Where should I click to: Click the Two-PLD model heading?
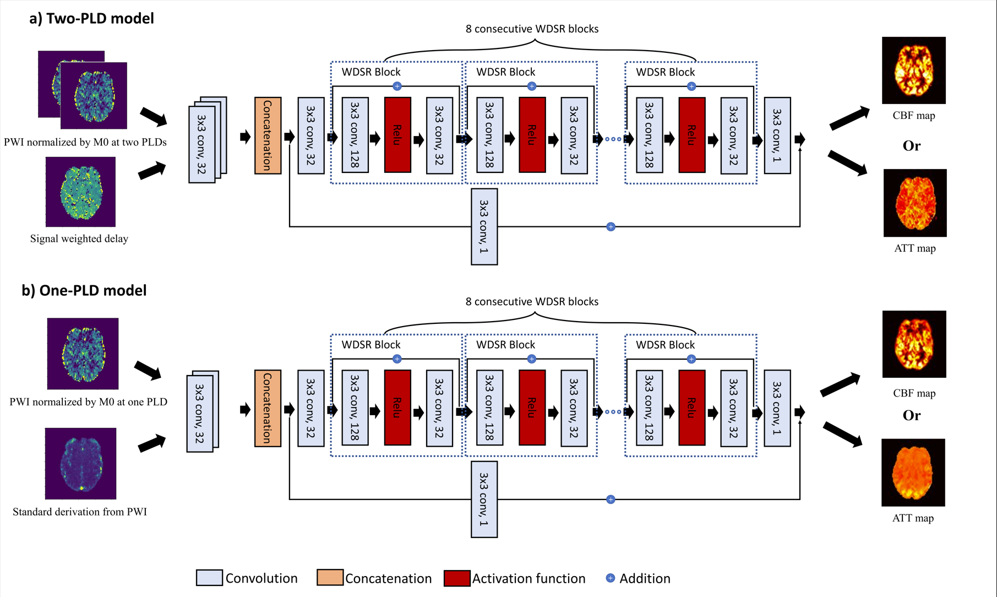pyautogui.click(x=91, y=19)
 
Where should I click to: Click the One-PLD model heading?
pyautogui.click(x=84, y=291)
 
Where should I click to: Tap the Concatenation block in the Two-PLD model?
pyautogui.click(x=268, y=135)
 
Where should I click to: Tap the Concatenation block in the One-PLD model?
pyautogui.click(x=268, y=408)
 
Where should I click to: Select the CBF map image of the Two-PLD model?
pyautogui.click(x=913, y=70)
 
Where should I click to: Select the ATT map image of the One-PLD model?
pyautogui.click(x=913, y=472)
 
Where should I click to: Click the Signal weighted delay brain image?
pyautogui.click(x=80, y=192)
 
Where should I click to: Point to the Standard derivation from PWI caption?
pyautogui.click(x=80, y=512)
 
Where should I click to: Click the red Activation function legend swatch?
pyautogui.click(x=456, y=578)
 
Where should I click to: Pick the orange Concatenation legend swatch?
pyautogui.click(x=330, y=578)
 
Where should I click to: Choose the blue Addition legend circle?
pyautogui.click(x=610, y=578)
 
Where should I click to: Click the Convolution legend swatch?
pyautogui.click(x=209, y=578)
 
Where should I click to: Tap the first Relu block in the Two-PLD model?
pyautogui.click(x=397, y=135)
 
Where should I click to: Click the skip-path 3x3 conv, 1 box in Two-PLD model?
pyautogui.click(x=484, y=226)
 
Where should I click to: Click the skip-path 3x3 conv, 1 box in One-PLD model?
pyautogui.click(x=484, y=499)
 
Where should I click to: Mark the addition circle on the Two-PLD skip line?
pyautogui.click(x=611, y=226)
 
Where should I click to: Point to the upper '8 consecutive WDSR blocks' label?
pyautogui.click(x=532, y=29)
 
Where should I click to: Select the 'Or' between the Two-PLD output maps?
pyautogui.click(x=911, y=146)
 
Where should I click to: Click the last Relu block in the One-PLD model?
pyautogui.click(x=691, y=408)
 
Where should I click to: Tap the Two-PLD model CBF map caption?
pyautogui.click(x=913, y=116)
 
